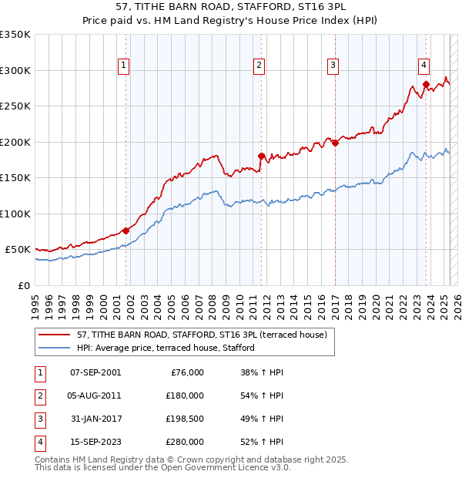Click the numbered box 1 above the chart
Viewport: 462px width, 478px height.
click(x=123, y=66)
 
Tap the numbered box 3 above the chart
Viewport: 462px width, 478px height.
click(x=333, y=66)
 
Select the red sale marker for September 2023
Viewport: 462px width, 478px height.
click(x=425, y=85)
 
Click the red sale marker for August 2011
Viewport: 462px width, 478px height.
click(x=261, y=156)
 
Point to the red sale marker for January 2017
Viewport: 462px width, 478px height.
click(x=336, y=143)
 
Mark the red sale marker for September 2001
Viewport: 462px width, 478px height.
click(x=126, y=230)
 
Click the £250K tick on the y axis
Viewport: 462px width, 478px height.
click(x=16, y=106)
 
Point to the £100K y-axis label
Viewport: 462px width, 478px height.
click(x=16, y=214)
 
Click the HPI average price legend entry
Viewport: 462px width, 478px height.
click(x=165, y=348)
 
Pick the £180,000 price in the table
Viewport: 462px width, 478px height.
click(x=186, y=396)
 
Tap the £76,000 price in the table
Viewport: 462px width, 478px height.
click(x=188, y=372)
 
